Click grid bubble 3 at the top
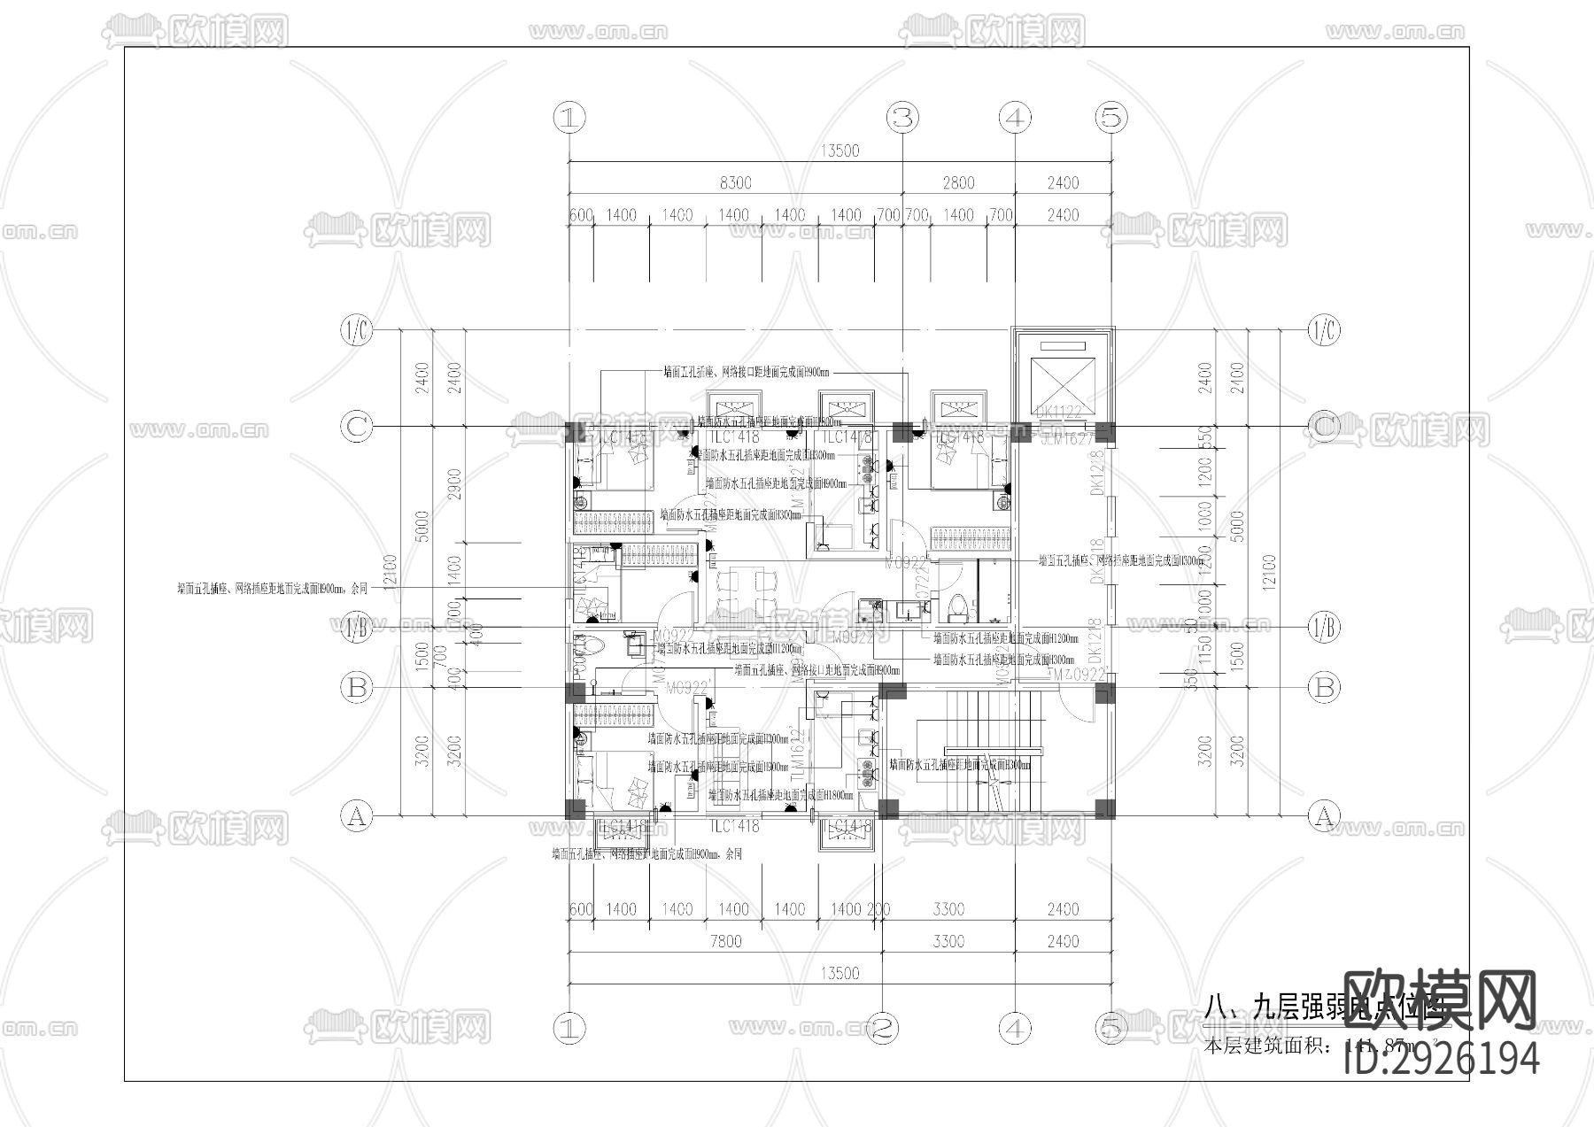click(902, 116)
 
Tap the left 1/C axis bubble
click(357, 331)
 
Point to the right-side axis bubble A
click(1324, 815)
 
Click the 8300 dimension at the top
click(735, 183)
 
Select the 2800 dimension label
click(958, 183)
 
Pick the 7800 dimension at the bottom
click(725, 941)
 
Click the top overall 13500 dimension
click(840, 151)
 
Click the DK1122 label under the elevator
click(1059, 412)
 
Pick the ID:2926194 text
click(1442, 1059)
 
